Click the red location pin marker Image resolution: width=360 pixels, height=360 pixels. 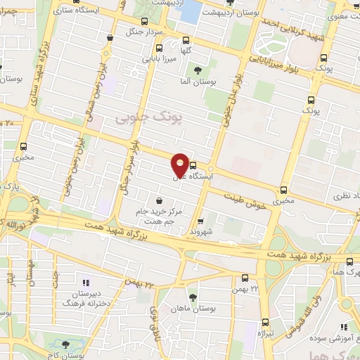[x=180, y=165]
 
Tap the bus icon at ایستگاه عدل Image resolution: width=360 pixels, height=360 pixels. [x=193, y=166]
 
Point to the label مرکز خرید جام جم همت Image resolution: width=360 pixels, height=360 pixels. [x=161, y=217]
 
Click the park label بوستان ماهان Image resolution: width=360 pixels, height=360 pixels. [x=214, y=307]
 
